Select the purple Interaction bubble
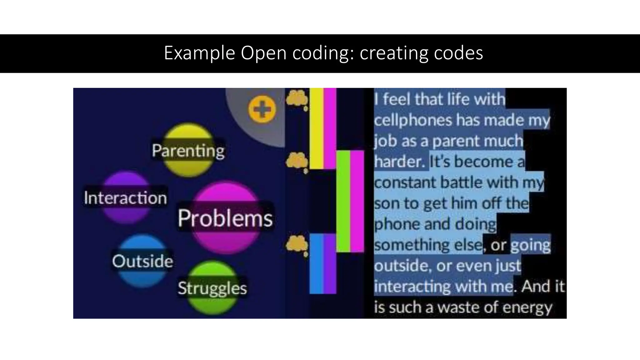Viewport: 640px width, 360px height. tap(126, 197)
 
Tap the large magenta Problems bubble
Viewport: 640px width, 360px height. tap(225, 217)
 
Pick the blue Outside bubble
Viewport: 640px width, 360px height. tap(142, 261)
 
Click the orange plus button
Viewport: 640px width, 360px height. tap(262, 110)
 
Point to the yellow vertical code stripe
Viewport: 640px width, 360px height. tap(316, 128)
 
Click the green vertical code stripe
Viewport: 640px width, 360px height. tap(343, 201)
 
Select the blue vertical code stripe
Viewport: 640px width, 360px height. tap(316, 263)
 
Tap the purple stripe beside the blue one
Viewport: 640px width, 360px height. tap(330, 263)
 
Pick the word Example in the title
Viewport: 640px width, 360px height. tap(199, 53)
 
